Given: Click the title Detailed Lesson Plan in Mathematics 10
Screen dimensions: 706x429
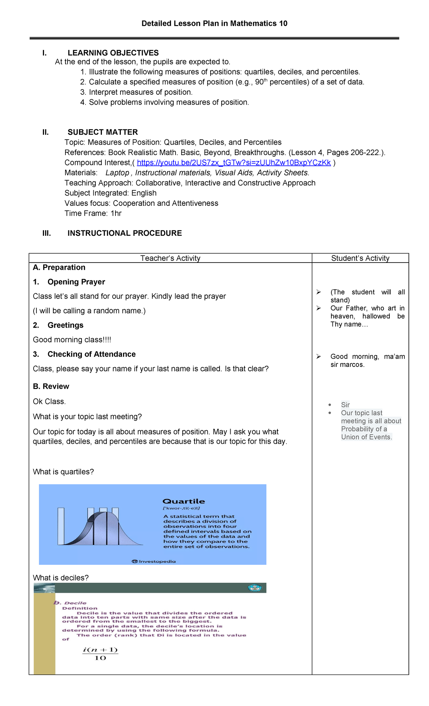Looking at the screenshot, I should coord(214,24).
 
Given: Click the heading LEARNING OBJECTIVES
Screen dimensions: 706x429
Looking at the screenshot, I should coord(113,53).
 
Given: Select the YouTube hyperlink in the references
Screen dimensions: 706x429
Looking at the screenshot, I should coord(233,163).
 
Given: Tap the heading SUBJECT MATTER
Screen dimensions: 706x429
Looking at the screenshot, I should coord(103,132).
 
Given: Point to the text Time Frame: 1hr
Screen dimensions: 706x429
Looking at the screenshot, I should coord(93,213).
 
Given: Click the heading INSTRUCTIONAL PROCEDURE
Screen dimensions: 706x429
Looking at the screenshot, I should coord(124,233).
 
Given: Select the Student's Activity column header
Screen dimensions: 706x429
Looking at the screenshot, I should coord(360,258).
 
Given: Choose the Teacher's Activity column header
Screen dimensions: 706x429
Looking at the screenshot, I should coord(170,258).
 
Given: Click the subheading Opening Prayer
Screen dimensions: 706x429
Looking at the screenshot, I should coord(76,282).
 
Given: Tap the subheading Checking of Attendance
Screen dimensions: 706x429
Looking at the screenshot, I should coord(92,354).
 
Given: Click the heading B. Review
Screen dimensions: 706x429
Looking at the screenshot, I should coord(51,386).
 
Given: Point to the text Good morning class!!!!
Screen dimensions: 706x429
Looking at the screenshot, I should coord(72,340).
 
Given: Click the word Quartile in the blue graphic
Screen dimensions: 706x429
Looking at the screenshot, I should coord(184,501).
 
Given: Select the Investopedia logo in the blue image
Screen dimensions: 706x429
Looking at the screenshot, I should coord(154,561).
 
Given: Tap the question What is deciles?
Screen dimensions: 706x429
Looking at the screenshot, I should coord(61,578).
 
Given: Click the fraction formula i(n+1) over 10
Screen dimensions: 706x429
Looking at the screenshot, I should coord(100,654).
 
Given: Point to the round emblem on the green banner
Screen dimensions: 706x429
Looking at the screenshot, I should coord(255,588).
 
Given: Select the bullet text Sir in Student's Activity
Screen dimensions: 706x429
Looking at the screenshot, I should coord(345,405).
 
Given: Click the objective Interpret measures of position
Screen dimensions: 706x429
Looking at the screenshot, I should coord(140,92).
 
